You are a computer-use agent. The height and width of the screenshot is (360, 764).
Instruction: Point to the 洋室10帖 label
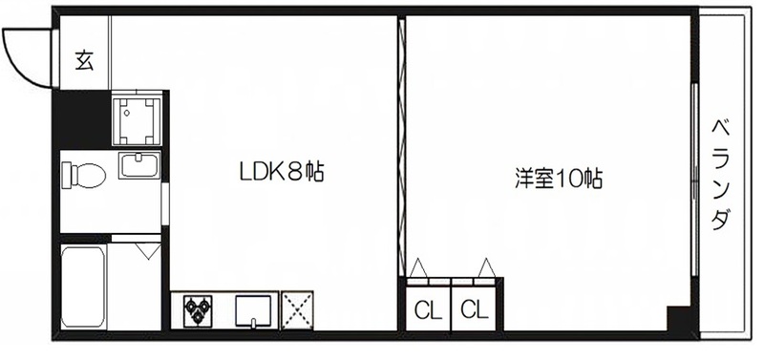[x=559, y=178]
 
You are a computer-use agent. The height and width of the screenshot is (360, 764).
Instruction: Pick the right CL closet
[x=475, y=309]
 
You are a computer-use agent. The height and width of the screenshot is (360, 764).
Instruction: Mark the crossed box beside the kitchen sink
[x=300, y=310]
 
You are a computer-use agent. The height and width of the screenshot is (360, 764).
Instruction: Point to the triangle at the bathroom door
[x=148, y=252]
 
